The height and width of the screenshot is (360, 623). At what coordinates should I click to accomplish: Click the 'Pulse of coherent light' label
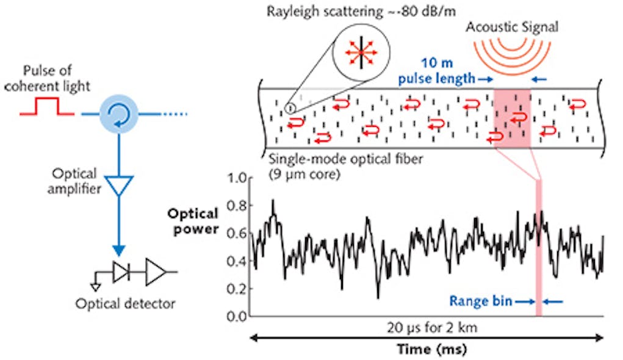54,79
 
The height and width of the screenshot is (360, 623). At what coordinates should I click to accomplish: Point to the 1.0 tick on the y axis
236,178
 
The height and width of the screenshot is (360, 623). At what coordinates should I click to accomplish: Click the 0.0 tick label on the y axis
236,316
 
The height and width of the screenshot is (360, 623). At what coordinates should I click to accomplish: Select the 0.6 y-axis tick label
236,233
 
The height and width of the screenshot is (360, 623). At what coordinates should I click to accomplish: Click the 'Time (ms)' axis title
427,350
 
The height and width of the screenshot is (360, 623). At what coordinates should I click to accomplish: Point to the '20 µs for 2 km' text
427,327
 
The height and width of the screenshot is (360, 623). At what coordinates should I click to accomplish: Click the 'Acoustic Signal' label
512,27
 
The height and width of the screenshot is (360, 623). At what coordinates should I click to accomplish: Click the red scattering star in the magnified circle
361,54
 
